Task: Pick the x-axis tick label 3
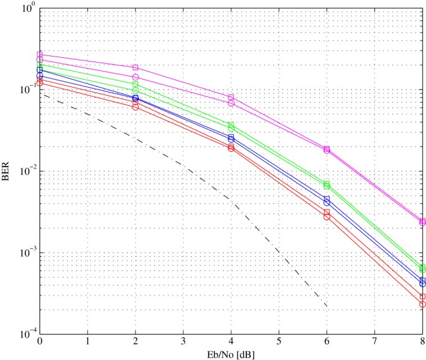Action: point(183,342)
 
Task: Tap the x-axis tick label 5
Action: point(279,342)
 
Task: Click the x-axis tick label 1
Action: point(88,342)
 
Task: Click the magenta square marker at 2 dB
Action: point(136,67)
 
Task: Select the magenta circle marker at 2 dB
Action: point(136,77)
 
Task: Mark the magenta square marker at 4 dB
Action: point(231,98)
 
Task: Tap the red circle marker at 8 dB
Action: point(423,304)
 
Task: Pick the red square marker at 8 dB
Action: point(423,297)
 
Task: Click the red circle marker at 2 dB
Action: point(136,107)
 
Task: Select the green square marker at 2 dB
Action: point(136,84)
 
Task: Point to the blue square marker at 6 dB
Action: point(327,199)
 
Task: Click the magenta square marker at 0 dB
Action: point(40,54)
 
